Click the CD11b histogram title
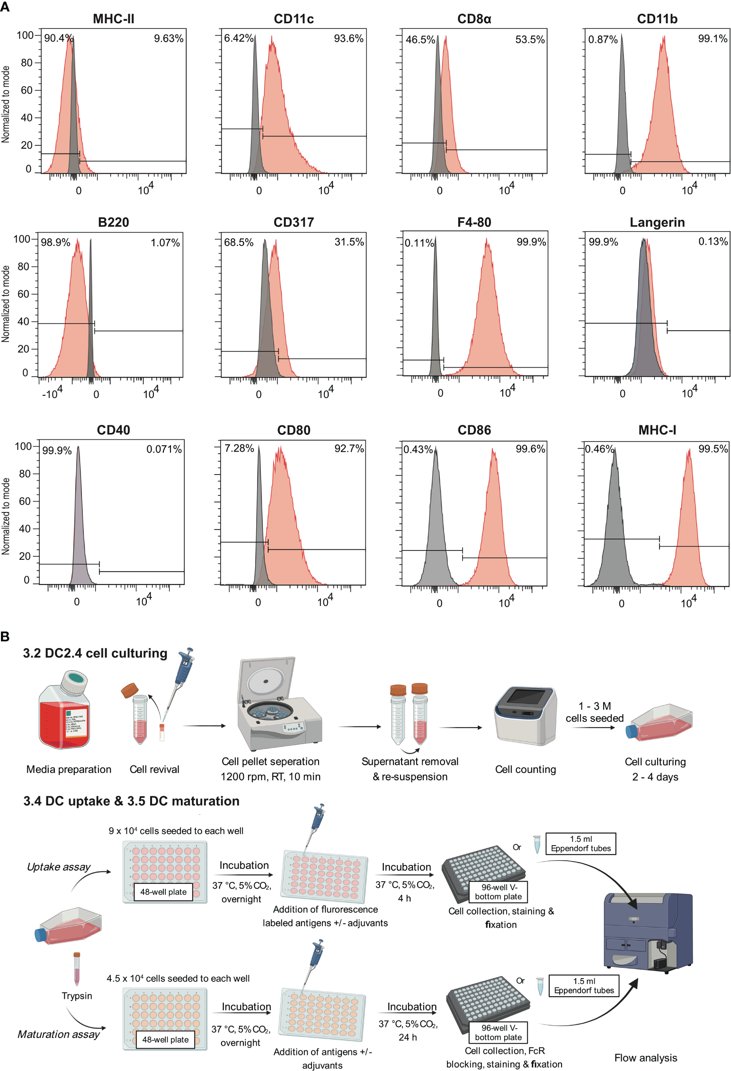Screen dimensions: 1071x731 [x=657, y=19]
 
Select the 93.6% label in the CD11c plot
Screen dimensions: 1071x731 [x=348, y=38]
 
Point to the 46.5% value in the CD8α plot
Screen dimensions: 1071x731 [x=420, y=40]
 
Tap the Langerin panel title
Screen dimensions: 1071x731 [x=657, y=222]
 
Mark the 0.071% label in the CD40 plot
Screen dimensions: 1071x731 [x=164, y=449]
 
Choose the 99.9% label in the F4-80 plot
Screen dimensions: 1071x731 [x=531, y=242]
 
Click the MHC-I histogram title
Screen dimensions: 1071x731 [x=657, y=430]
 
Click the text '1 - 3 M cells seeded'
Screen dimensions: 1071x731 [x=594, y=712]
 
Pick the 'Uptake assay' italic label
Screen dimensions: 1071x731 [x=59, y=866]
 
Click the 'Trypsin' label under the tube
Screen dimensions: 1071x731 [x=77, y=995]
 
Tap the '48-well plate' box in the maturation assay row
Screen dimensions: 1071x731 [x=165, y=1039]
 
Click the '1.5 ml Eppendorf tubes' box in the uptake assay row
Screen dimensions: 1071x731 [x=580, y=843]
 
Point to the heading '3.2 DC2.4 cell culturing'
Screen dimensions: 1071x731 [x=95, y=653]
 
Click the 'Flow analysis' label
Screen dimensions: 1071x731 [x=645, y=1057]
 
